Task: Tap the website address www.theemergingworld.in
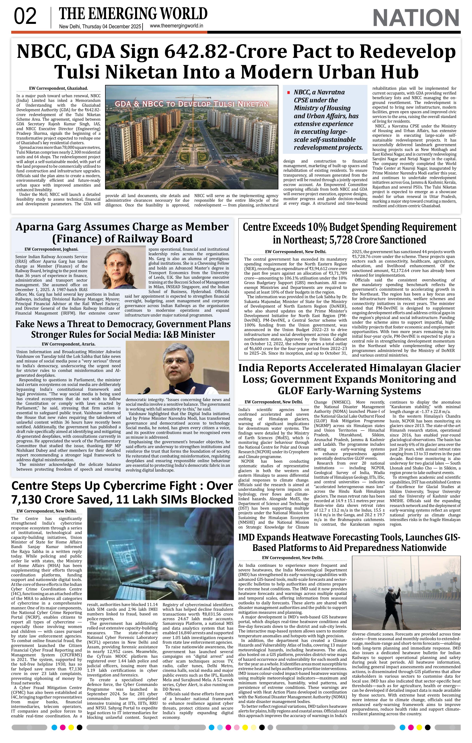point(176,26)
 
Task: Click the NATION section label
point(416,18)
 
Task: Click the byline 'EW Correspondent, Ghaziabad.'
point(58,88)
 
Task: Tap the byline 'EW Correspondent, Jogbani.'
point(51,249)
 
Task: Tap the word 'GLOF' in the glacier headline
point(292,391)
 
